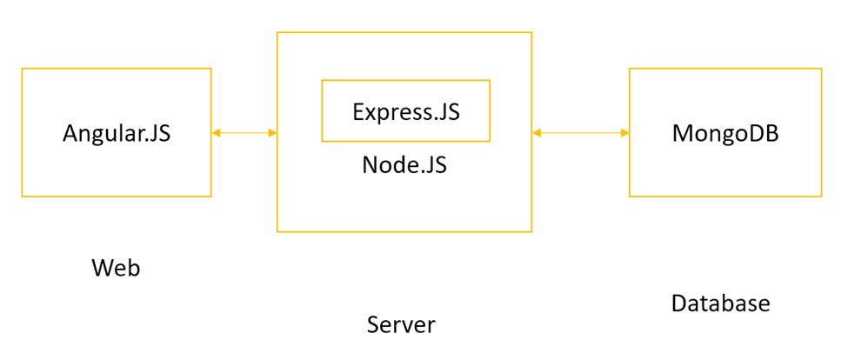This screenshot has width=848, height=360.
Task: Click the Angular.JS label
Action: tap(117, 134)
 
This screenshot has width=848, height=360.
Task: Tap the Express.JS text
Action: tap(405, 112)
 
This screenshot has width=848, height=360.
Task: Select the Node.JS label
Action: tap(404, 164)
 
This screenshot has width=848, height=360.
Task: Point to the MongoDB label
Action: tap(725, 134)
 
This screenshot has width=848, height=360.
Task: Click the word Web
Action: tap(116, 268)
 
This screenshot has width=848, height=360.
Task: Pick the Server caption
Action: tap(401, 325)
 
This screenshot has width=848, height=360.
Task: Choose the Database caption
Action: tap(720, 303)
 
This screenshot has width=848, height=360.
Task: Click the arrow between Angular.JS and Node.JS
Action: tap(244, 133)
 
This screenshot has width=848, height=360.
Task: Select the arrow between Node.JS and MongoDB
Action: tap(580, 133)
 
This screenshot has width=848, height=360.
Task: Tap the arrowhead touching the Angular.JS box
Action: tap(217, 133)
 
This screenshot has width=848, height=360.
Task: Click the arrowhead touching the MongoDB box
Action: tap(624, 133)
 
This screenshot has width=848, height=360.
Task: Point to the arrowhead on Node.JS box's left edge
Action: tap(272, 133)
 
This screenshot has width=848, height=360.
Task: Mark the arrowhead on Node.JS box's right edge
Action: tap(537, 133)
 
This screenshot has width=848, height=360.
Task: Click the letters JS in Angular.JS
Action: tap(158, 134)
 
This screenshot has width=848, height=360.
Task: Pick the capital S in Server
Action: tap(373, 325)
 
